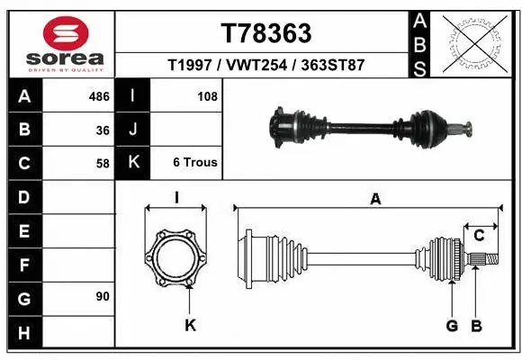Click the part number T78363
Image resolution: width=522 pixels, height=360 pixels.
click(x=266, y=33)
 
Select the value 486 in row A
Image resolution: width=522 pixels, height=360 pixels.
click(x=98, y=95)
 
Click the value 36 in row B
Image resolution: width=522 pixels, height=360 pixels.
click(x=102, y=130)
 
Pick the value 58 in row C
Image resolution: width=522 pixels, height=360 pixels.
click(x=102, y=164)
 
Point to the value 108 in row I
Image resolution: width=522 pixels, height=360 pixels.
click(x=207, y=95)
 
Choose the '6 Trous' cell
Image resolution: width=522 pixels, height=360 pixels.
click(x=195, y=163)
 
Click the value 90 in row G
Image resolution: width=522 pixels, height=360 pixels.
click(x=102, y=296)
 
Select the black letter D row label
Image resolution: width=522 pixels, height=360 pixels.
click(x=23, y=197)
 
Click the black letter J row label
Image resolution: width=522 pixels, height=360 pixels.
click(x=133, y=130)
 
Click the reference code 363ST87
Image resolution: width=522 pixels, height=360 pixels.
click(x=333, y=66)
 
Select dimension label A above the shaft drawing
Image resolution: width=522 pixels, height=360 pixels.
click(x=375, y=200)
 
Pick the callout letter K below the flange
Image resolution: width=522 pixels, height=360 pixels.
click(x=190, y=325)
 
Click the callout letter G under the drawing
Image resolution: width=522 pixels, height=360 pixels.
click(x=452, y=325)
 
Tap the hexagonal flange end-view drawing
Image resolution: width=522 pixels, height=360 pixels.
click(x=176, y=257)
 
